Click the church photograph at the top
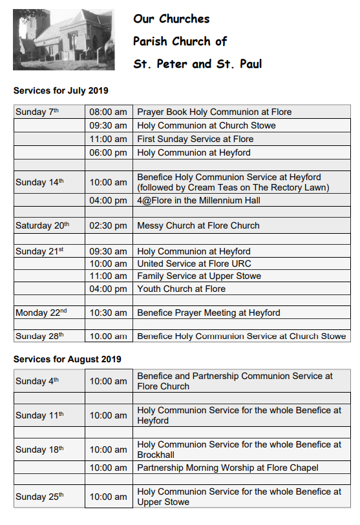pos(63,39)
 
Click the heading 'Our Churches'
pos(171,19)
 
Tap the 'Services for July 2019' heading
pos(61,90)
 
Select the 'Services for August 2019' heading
pos(67,359)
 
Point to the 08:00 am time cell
pos(108,112)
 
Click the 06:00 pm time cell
pos(108,152)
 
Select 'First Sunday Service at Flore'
pos(195,139)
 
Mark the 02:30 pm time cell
pos(108,225)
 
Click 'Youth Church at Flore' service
pos(182,289)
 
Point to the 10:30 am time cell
pos(108,313)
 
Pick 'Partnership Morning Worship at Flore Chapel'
pos(228,468)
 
